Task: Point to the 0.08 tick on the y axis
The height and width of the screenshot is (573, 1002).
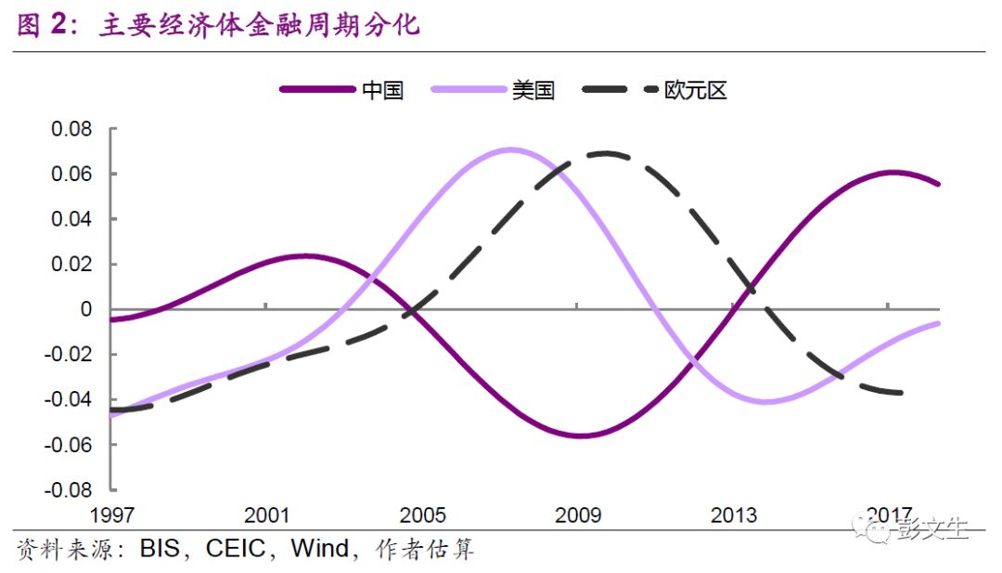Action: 71,129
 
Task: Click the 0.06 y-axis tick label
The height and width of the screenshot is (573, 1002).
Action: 71,175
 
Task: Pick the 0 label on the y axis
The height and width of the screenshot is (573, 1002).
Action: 86,309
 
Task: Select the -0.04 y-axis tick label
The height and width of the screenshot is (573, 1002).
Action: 69,399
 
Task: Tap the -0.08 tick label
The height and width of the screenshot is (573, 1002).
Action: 69,489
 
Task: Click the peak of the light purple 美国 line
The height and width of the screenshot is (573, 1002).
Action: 508,149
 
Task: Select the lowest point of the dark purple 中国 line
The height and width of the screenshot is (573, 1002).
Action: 581,436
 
